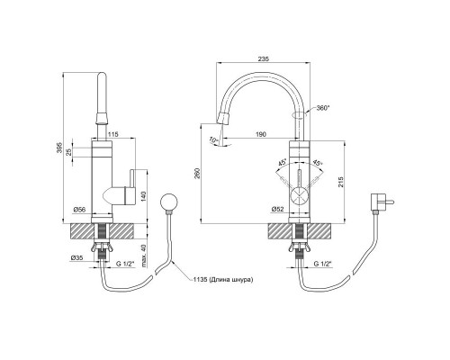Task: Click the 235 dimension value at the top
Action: [263, 59]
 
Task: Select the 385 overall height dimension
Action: [59, 148]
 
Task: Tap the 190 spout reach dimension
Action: [261, 134]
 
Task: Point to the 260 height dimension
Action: [197, 174]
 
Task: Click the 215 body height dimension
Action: [341, 182]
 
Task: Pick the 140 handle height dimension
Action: [143, 196]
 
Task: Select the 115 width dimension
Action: [113, 134]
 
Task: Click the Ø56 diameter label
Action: [80, 210]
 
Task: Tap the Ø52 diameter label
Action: [277, 210]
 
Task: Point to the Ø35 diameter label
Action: [76, 257]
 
